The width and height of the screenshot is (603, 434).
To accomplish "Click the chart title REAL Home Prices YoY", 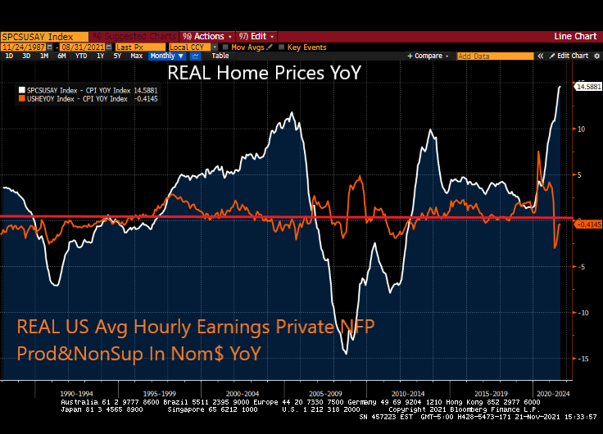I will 264,72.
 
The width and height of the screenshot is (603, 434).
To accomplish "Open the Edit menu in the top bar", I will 257,36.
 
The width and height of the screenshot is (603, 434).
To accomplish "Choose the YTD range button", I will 81,56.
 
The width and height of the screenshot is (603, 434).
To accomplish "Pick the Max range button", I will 137,56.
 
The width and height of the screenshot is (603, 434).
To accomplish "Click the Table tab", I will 220,56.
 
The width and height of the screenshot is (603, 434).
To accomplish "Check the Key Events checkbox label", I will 306,47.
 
